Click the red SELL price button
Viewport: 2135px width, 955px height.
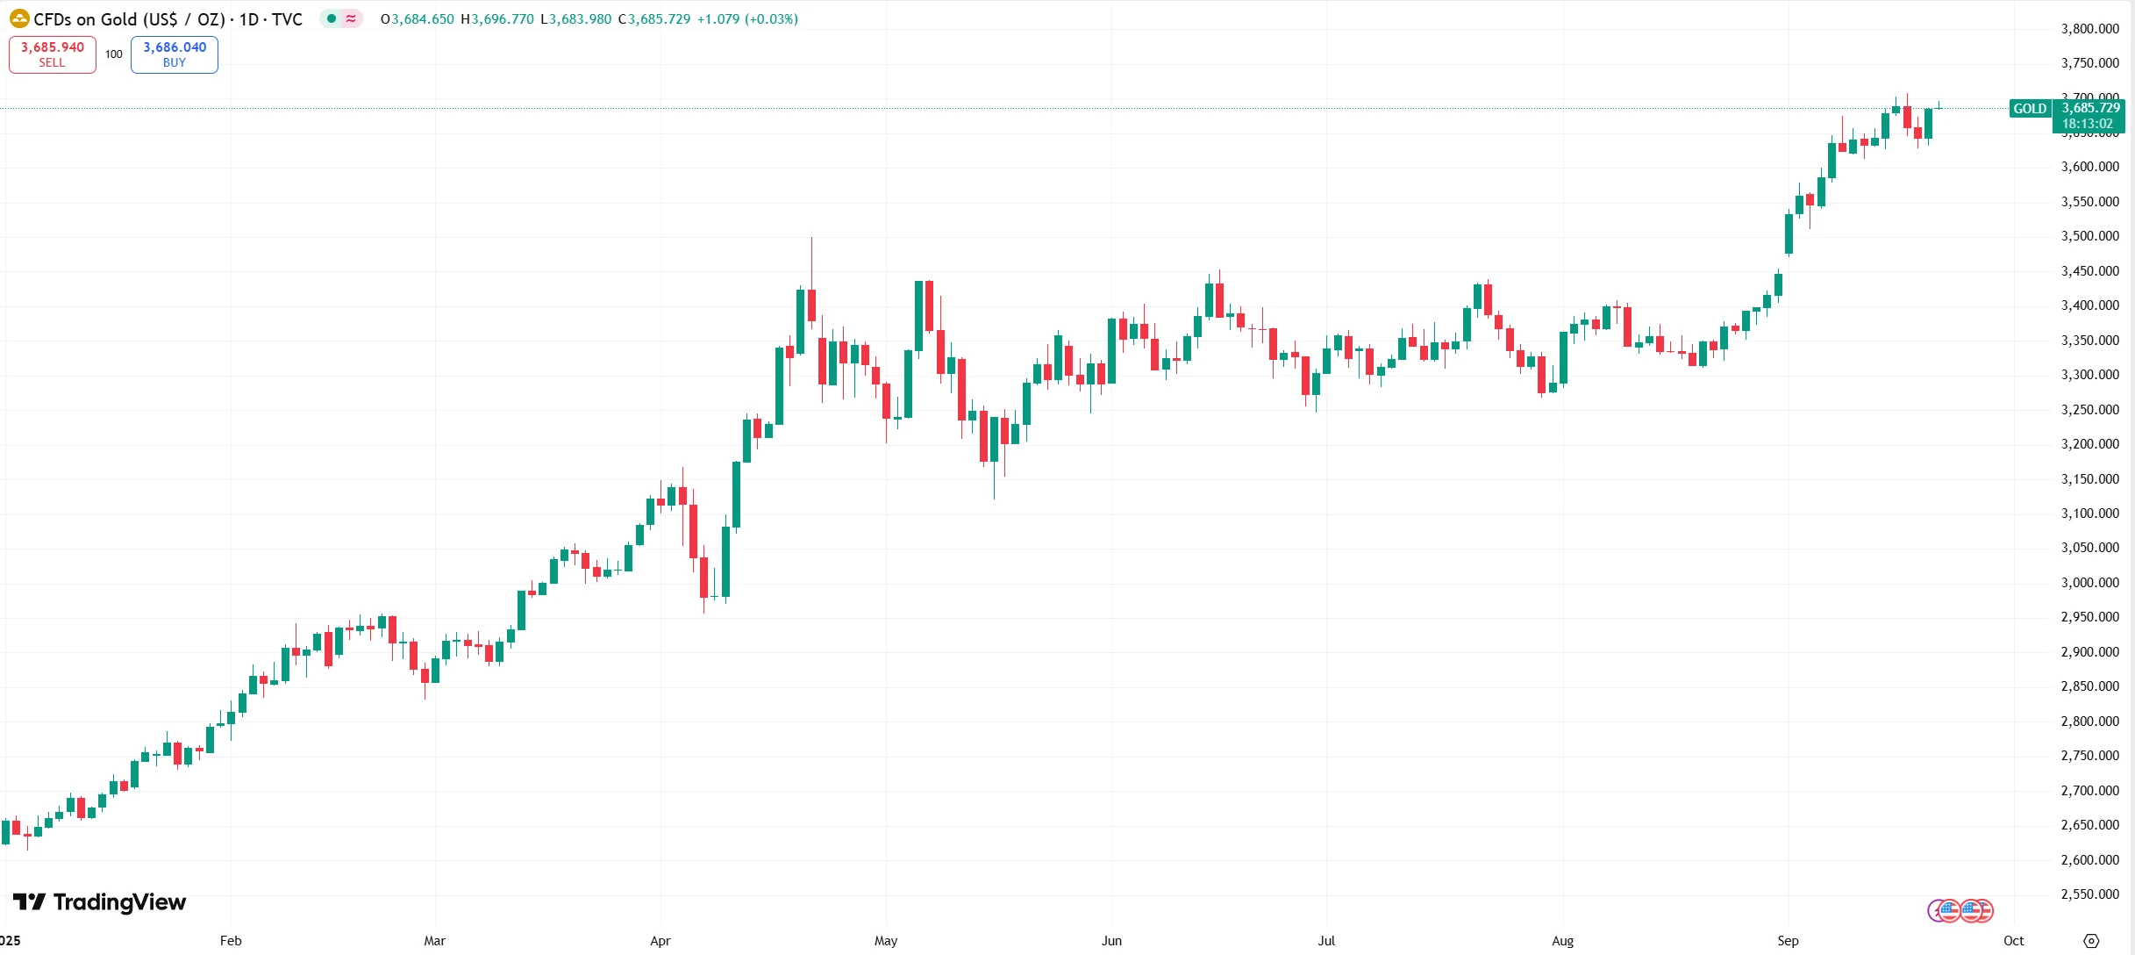tap(53, 54)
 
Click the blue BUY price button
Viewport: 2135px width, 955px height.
tap(175, 54)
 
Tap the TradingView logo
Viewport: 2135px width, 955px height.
tap(99, 902)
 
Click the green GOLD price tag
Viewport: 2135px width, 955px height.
tap(2029, 109)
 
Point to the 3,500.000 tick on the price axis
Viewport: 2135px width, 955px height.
tap(2089, 236)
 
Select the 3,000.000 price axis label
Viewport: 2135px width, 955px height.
tap(2089, 583)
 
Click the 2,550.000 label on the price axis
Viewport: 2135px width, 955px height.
tap(2089, 894)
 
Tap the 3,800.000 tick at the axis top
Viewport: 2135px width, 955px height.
tap(2089, 29)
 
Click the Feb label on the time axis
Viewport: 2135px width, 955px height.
tap(231, 941)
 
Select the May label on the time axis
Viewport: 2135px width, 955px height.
tap(886, 941)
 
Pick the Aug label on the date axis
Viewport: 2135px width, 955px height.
tap(1562, 941)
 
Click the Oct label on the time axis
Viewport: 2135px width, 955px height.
tap(2013, 941)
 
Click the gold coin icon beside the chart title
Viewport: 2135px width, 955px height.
tap(19, 18)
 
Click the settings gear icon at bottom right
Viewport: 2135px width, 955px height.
tap(2091, 941)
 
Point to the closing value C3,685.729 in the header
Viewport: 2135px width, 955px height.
tap(654, 19)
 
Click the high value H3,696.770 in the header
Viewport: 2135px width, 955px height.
tap(497, 19)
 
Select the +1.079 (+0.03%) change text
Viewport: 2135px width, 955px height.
tap(747, 19)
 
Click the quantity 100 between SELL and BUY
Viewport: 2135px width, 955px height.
tap(114, 54)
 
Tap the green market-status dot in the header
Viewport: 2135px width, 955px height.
tap(332, 18)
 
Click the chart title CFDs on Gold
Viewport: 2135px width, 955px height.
tap(167, 19)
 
